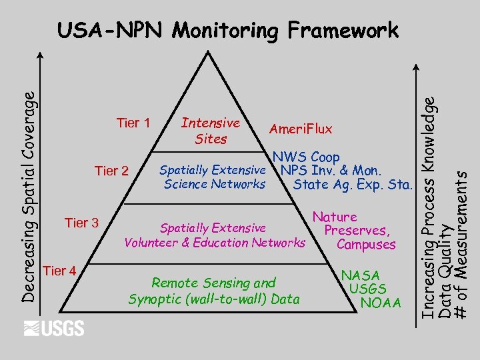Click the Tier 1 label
coord(133,123)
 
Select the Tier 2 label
coord(111,171)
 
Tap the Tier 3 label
coord(81,223)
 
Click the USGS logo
coord(54,328)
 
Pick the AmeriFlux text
coord(300,129)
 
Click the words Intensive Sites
coord(211,131)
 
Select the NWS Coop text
coord(306,157)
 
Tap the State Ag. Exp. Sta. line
coord(353,184)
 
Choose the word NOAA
coord(380,303)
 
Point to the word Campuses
coord(366,245)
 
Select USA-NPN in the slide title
coord(112,31)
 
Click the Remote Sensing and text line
coord(213,283)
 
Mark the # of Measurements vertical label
coord(459,243)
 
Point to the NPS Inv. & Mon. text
coord(331,171)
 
